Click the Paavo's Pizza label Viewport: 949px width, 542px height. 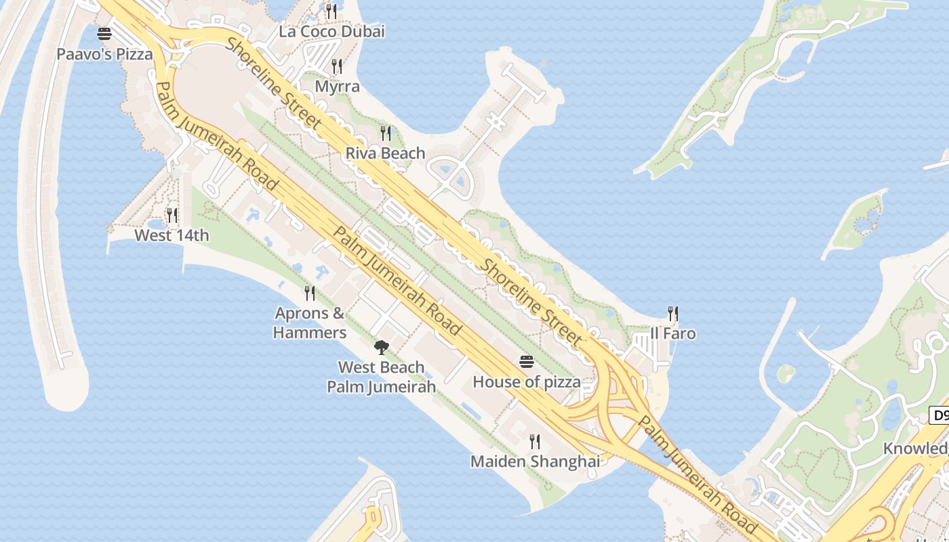[x=104, y=54]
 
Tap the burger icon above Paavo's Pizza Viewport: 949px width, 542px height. [x=104, y=33]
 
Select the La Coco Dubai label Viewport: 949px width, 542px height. [x=331, y=31]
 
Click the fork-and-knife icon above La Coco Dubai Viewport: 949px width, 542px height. [x=331, y=11]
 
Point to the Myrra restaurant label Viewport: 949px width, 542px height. [x=337, y=87]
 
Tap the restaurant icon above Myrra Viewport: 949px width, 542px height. [x=336, y=66]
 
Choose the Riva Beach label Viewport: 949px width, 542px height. [x=385, y=153]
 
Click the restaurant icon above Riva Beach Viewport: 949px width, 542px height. [x=386, y=132]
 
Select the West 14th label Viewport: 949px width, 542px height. [x=171, y=236]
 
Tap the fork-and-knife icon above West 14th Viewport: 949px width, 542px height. [x=172, y=215]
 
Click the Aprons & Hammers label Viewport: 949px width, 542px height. [x=310, y=322]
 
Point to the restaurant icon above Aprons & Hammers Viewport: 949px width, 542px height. [x=310, y=293]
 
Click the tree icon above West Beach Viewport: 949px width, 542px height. [x=382, y=348]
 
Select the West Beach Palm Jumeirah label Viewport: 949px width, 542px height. [x=381, y=377]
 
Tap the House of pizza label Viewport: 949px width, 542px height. [x=526, y=382]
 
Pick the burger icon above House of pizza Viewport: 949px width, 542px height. [x=527, y=361]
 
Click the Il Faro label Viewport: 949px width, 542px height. [x=672, y=334]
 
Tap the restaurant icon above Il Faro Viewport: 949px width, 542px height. [x=672, y=313]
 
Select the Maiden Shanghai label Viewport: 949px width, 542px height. [x=535, y=461]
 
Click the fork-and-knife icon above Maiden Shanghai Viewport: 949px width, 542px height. [x=535, y=442]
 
